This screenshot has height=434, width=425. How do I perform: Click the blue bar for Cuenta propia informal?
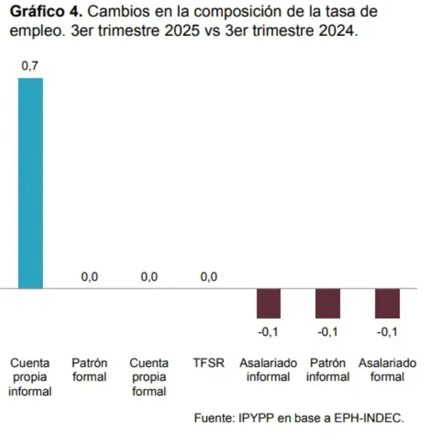pyautogui.click(x=30, y=183)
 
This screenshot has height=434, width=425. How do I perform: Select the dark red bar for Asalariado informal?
pyautogui.click(x=268, y=303)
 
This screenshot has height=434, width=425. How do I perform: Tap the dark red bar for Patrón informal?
pyautogui.click(x=327, y=303)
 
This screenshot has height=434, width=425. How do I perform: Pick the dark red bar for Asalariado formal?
pyautogui.click(x=387, y=303)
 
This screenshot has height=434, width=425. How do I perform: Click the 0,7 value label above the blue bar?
pyautogui.click(x=30, y=66)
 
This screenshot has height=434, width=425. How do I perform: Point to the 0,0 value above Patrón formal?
pyautogui.click(x=89, y=277)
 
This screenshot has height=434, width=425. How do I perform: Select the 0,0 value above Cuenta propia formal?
pyautogui.click(x=149, y=277)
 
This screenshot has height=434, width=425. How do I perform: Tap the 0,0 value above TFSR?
pyautogui.click(x=208, y=277)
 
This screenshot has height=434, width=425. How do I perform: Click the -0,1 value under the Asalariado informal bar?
pyautogui.click(x=268, y=332)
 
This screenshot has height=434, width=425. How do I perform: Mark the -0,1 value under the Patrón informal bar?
pyautogui.click(x=327, y=332)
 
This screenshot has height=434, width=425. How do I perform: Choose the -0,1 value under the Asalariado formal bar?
pyautogui.click(x=387, y=332)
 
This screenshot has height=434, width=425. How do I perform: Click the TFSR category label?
pyautogui.click(x=209, y=363)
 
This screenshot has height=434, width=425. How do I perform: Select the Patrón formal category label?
pyautogui.click(x=89, y=370)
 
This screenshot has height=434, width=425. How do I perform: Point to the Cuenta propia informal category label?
pyautogui.click(x=30, y=377)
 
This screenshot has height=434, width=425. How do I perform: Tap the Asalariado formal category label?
pyautogui.click(x=387, y=370)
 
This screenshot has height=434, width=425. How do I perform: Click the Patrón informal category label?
pyautogui.click(x=327, y=370)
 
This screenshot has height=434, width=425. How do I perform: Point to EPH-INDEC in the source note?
pyautogui.click(x=372, y=418)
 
